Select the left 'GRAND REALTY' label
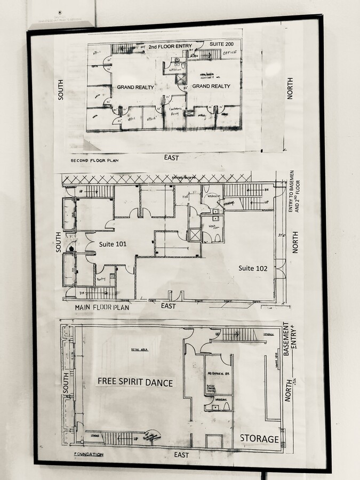click(x=135, y=86)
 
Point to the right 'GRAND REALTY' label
click(x=211, y=86)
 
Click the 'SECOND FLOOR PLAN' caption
click(x=94, y=160)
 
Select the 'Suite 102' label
click(x=253, y=268)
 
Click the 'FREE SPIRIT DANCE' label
click(x=134, y=381)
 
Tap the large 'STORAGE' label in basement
click(x=259, y=438)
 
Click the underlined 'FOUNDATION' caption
click(x=89, y=454)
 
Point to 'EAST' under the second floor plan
click(x=172, y=157)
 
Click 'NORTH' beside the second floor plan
click(x=290, y=88)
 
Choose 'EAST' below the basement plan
click(x=181, y=454)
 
